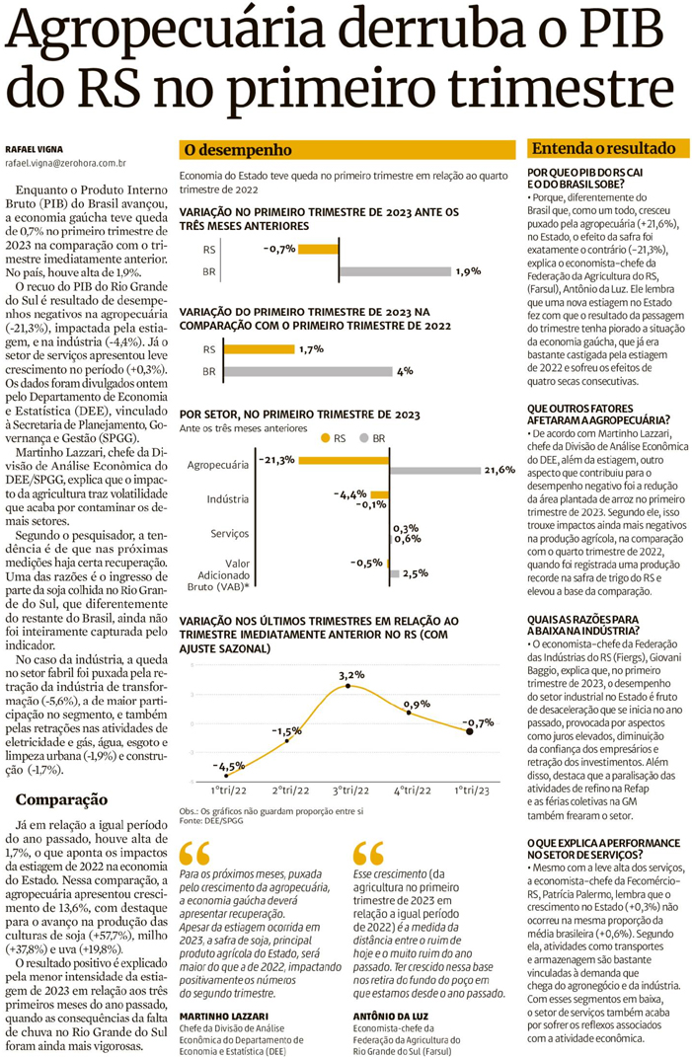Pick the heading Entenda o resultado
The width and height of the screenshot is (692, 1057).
(x=603, y=149)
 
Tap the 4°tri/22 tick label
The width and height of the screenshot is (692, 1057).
(x=412, y=791)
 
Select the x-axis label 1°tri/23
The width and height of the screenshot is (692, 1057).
(x=472, y=791)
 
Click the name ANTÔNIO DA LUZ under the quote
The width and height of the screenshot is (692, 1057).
(x=388, y=1016)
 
